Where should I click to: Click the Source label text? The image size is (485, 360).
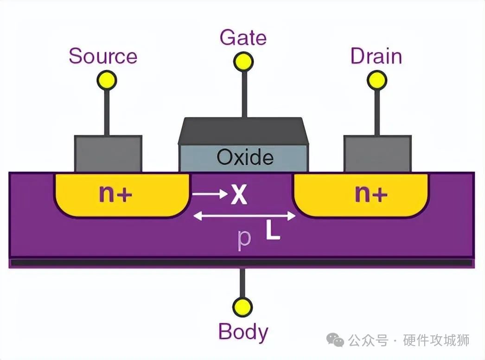point(103,56)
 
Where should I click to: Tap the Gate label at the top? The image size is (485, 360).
point(243,38)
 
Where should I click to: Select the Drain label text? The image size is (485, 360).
point(376,56)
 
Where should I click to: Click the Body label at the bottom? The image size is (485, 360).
point(243,332)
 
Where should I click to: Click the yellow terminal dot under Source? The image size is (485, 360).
point(107,81)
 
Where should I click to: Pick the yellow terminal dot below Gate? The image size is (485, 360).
point(243,61)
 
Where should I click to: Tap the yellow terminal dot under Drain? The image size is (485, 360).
point(377,81)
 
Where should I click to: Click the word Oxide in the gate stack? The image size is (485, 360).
point(245,158)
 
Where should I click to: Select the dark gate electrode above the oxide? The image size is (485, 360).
point(243,130)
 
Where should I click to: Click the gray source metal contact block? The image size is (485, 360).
point(108,154)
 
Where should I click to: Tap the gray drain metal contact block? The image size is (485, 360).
point(377,154)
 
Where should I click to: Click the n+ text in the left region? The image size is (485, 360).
point(115,194)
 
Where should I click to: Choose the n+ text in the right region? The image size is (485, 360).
point(371,194)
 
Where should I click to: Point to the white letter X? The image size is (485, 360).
point(239,195)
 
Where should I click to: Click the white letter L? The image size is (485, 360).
point(273,231)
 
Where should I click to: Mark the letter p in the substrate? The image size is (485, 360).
point(244,239)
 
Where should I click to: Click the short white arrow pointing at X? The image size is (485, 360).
point(209,194)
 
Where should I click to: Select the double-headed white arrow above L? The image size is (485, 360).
point(244,216)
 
